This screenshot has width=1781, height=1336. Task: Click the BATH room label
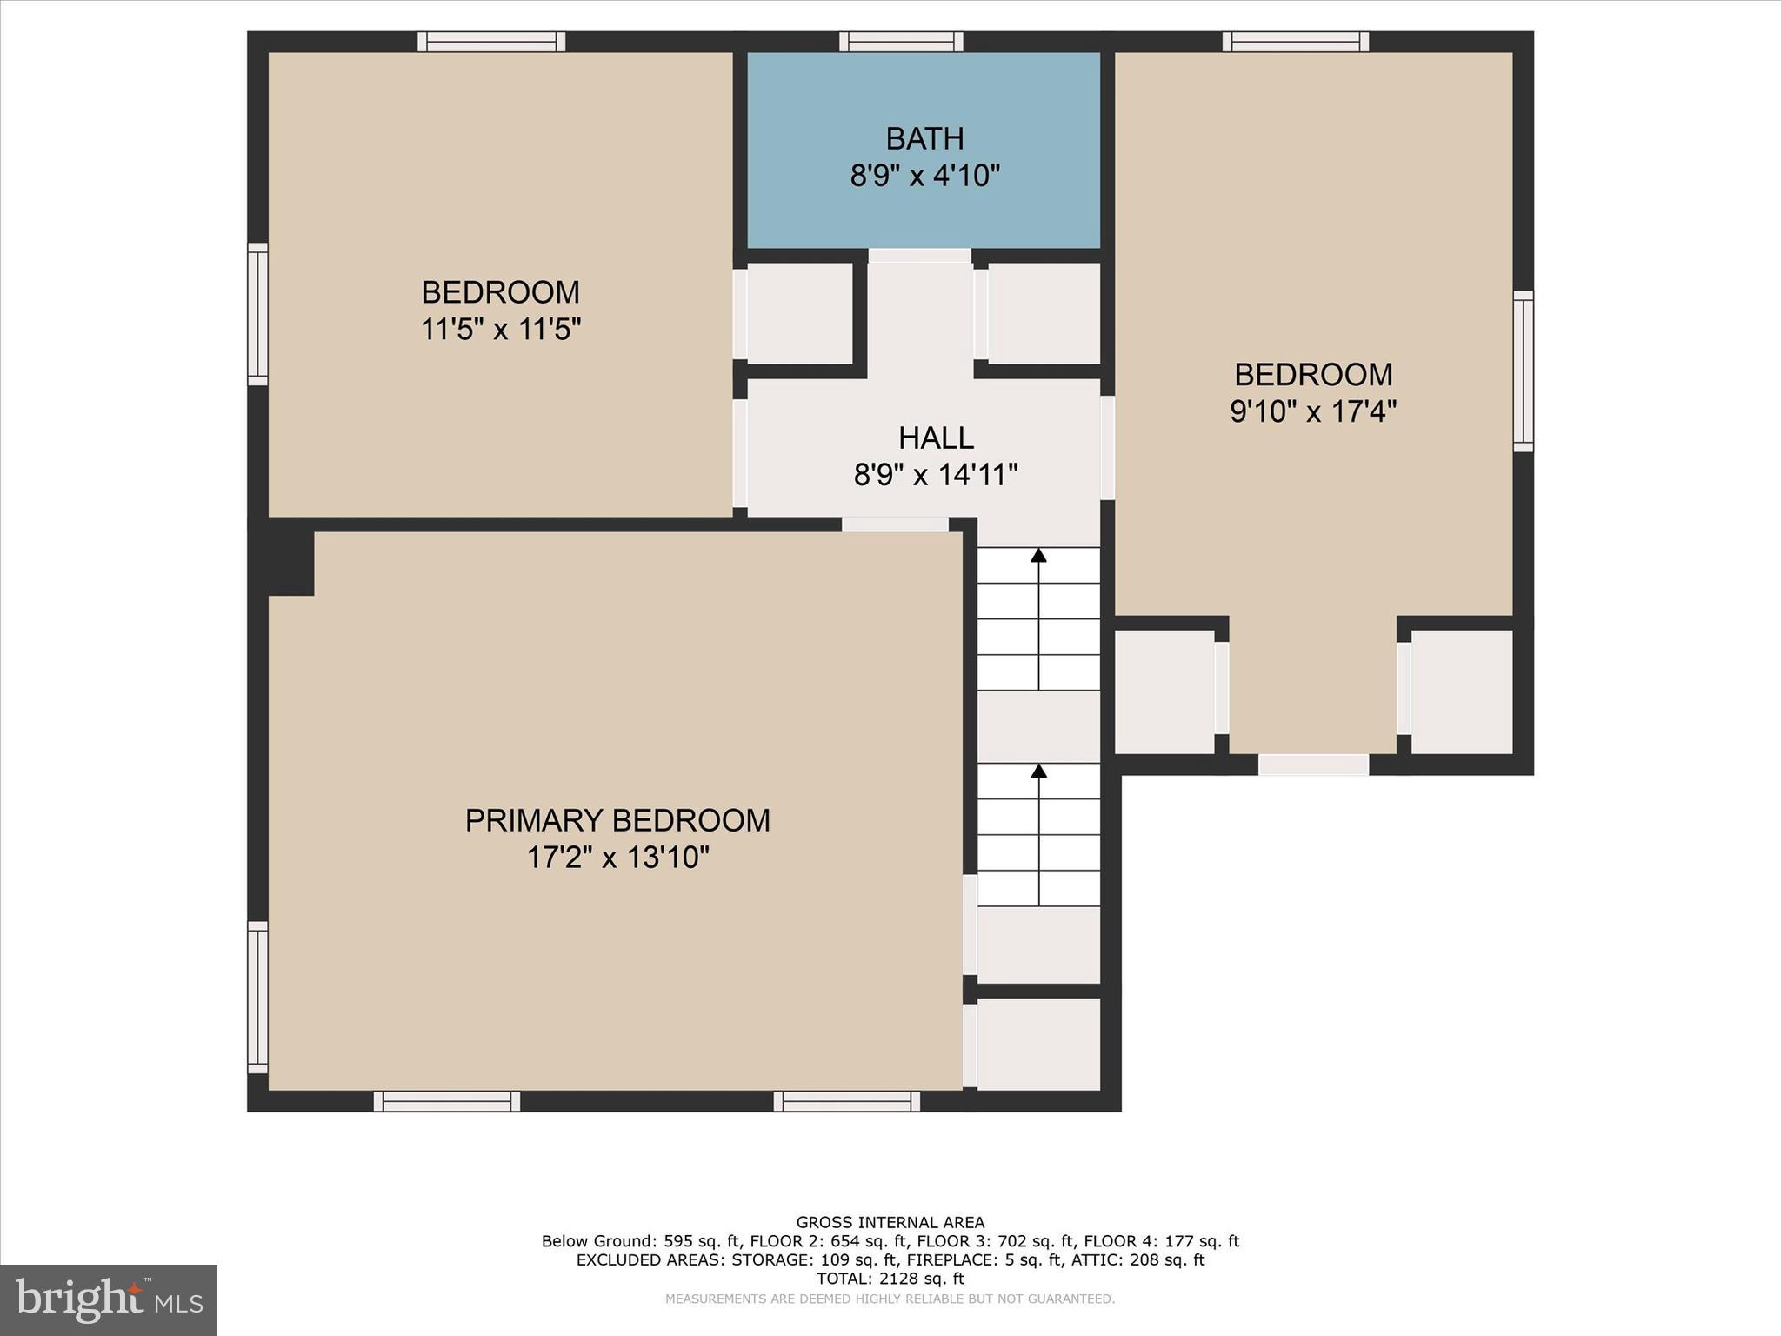(924, 139)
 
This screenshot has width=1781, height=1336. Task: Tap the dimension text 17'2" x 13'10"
(617, 858)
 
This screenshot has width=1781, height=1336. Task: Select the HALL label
(936, 438)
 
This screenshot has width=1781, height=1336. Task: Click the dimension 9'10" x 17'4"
(1312, 411)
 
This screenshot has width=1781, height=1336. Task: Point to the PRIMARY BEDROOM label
(617, 820)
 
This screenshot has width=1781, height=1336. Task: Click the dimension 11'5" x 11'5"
(501, 330)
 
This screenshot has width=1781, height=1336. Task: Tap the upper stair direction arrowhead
(1038, 555)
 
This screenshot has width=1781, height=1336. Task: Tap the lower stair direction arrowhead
(1038, 771)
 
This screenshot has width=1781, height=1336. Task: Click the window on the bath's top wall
(901, 42)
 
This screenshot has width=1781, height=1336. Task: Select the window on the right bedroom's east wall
(1523, 371)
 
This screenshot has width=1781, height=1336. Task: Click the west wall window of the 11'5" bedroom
(257, 314)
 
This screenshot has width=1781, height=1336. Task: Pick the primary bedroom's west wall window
(257, 997)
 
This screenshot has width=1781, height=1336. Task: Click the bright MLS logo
(109, 1299)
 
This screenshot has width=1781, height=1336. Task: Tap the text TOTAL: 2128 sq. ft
(890, 1279)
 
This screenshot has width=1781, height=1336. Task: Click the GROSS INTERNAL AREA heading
(890, 1222)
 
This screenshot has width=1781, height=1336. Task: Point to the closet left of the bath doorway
(799, 313)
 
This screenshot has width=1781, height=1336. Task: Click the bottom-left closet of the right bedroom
(1164, 691)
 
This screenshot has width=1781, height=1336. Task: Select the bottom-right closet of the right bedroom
(1462, 691)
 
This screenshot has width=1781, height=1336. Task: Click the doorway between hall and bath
(920, 256)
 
